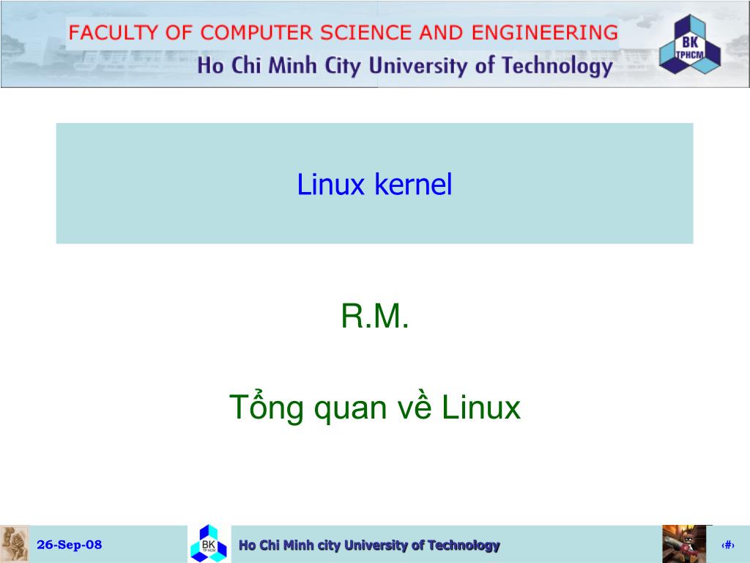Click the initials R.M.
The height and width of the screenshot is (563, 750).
tap(374, 317)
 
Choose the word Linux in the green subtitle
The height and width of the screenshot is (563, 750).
tap(481, 408)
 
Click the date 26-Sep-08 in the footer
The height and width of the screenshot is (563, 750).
tap(70, 545)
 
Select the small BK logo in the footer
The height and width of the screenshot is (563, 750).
tap(209, 544)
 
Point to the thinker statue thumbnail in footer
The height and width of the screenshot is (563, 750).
tap(15, 544)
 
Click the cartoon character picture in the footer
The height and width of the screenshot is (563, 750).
tap(684, 544)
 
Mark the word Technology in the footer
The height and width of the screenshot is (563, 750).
tap(464, 545)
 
